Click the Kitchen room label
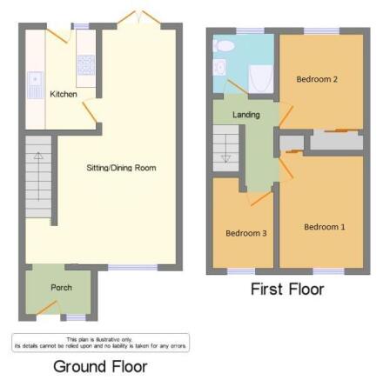(63, 94)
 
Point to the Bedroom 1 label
(324, 227)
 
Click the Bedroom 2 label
(317, 79)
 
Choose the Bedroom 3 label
(246, 233)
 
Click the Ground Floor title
(100, 366)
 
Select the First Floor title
(286, 289)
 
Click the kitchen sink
(35, 83)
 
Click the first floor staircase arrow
(225, 155)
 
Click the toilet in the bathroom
(224, 44)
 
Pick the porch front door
(48, 307)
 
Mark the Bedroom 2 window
(322, 31)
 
